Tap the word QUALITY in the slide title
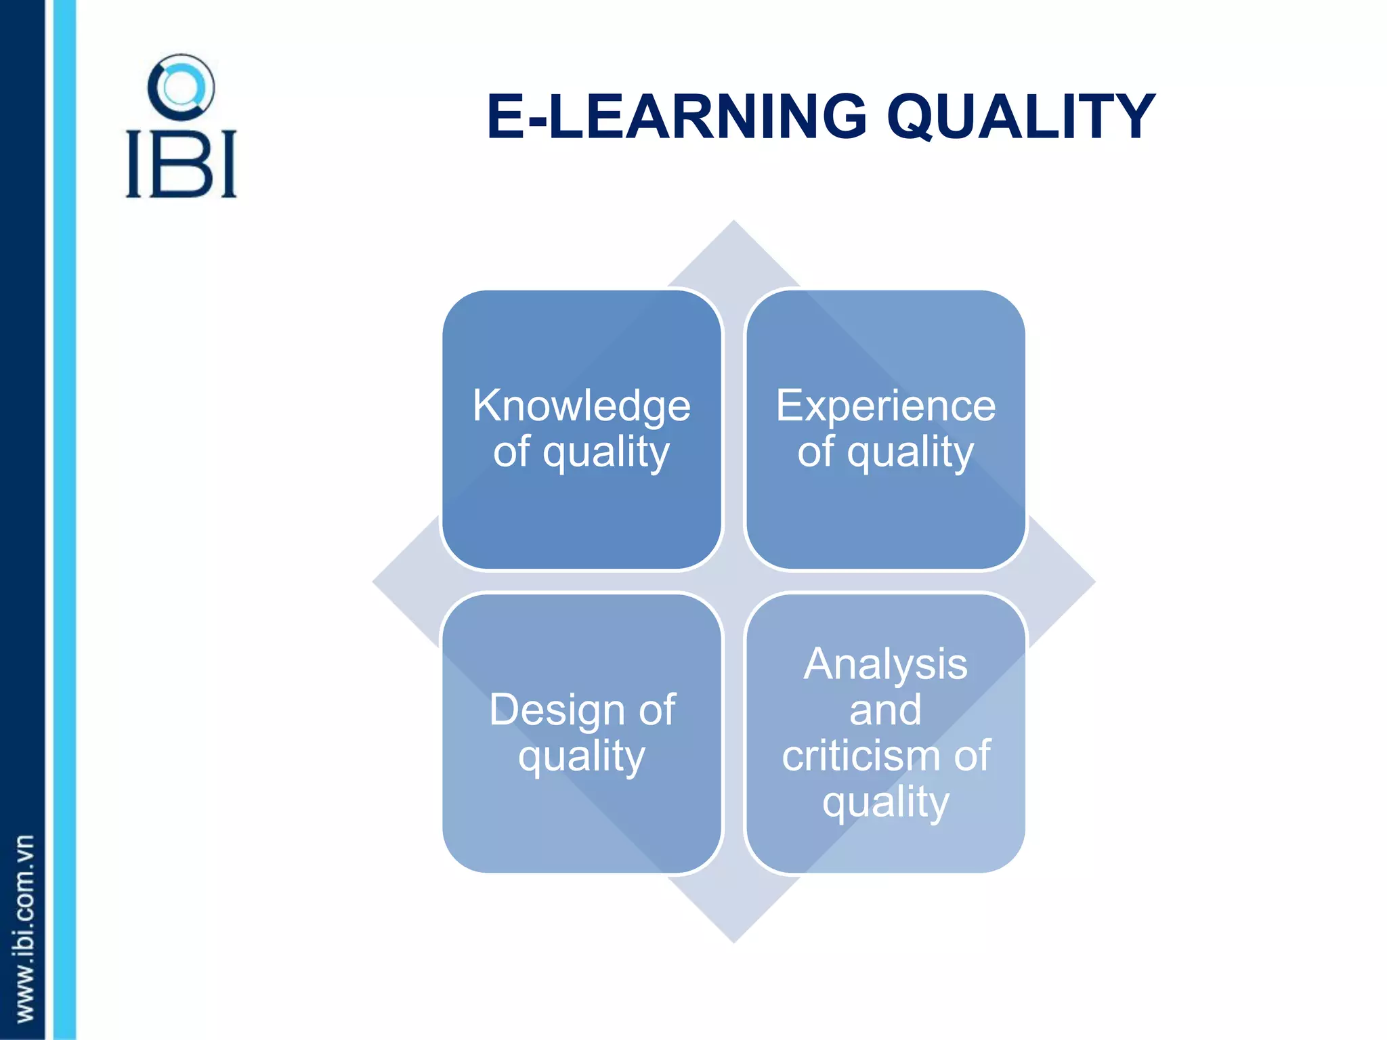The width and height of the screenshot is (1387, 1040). [1021, 118]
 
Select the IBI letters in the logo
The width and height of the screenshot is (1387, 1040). [181, 165]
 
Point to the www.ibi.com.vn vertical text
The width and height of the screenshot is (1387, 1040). [24, 928]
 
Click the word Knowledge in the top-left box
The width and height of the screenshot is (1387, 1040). [581, 406]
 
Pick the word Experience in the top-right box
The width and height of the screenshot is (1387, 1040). [885, 406]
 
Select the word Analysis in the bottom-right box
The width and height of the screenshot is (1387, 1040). [885, 664]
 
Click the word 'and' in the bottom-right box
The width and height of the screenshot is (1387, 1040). [885, 710]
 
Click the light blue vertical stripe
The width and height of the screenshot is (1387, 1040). [64, 520]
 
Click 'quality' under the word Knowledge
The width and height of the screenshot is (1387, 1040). [606, 452]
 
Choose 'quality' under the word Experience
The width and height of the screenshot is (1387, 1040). [910, 452]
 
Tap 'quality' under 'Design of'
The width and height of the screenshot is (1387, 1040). [581, 757]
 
